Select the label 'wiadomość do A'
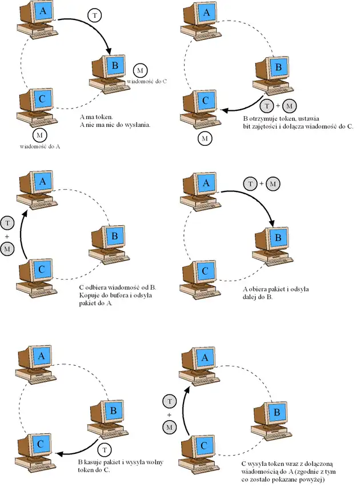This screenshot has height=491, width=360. pos(34,146)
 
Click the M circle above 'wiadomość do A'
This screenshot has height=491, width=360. pos(39,135)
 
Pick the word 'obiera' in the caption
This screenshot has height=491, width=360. pos(258,289)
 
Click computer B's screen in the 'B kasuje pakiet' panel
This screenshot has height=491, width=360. pos(113,410)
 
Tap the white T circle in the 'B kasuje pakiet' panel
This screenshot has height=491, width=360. pos(105,449)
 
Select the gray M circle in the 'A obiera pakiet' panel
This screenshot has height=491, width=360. pos(275,183)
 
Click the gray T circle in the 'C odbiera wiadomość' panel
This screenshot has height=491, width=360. pos(8,222)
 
